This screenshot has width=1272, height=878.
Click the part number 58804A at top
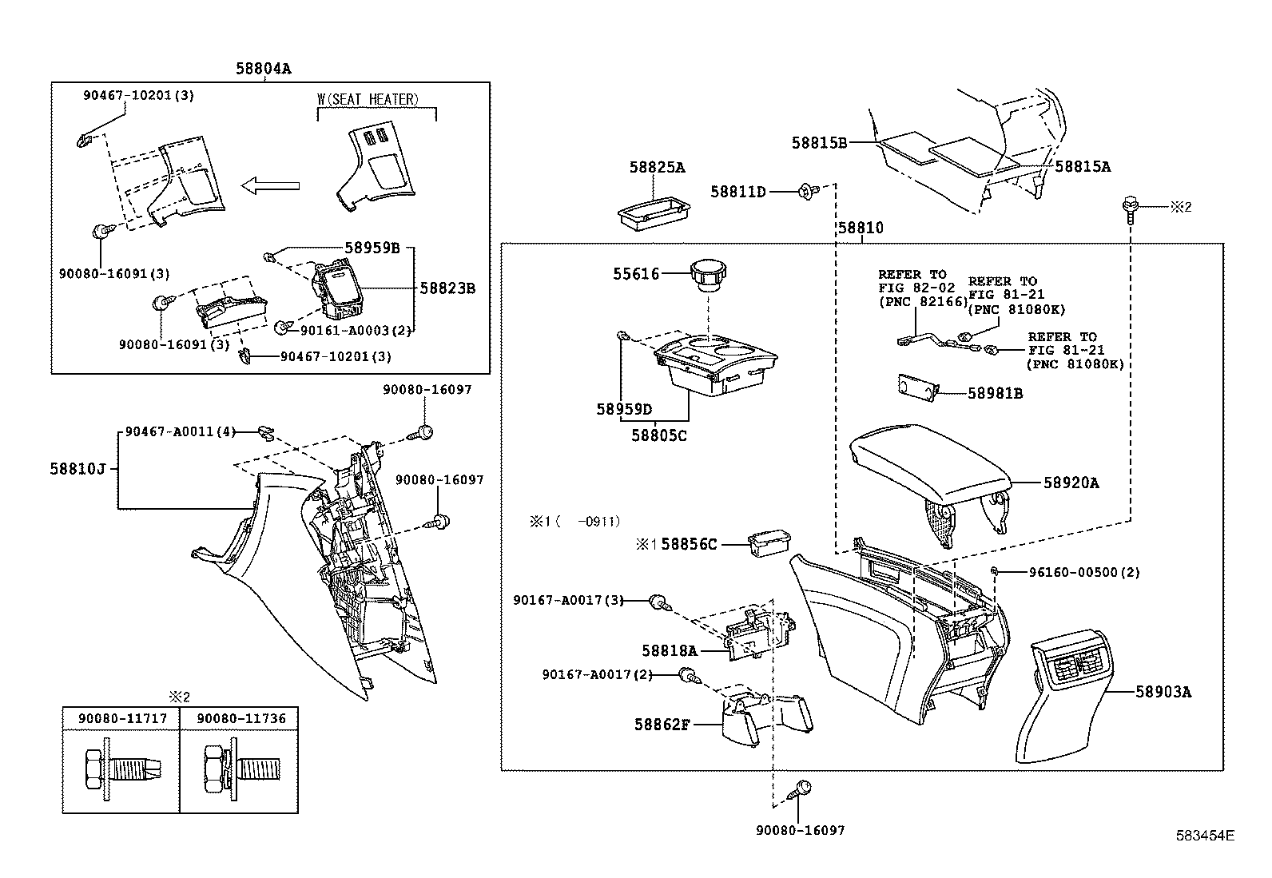[x=263, y=69]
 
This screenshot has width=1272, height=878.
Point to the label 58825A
[x=657, y=168]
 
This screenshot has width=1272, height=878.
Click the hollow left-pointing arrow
[x=270, y=186]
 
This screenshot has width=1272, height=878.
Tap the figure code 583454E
[x=1205, y=836]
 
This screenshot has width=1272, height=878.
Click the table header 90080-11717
[x=122, y=719]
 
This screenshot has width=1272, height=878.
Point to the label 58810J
[x=78, y=469]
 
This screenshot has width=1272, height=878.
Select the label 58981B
[x=995, y=393]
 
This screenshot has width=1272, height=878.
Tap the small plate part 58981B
[x=914, y=387]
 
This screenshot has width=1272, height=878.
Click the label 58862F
[x=662, y=725]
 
